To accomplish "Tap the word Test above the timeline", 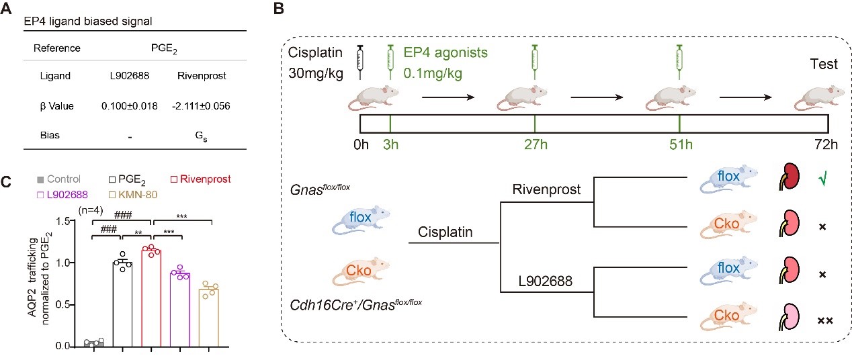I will pyautogui.click(x=824, y=65).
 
